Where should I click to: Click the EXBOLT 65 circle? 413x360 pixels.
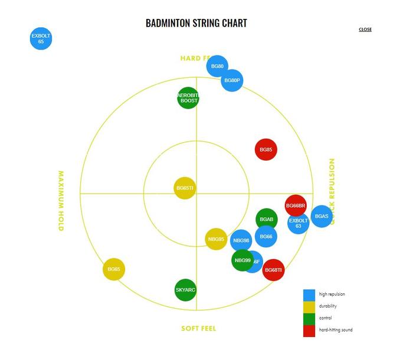click(41, 39)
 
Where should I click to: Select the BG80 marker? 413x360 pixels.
click(217, 66)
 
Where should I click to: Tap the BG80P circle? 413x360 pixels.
click(232, 80)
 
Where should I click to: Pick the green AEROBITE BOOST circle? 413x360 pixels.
click(188, 97)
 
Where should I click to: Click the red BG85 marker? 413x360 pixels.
click(266, 150)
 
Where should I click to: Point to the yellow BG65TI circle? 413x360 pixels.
click(185, 188)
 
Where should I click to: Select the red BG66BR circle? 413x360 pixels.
click(296, 205)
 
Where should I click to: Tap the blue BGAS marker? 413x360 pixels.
click(322, 217)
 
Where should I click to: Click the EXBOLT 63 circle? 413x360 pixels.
click(299, 224)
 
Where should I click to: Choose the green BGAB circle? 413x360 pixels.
click(267, 219)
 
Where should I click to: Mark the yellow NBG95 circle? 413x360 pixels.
click(216, 239)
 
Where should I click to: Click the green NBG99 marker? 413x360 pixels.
click(242, 260)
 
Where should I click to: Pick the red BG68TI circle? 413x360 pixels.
click(273, 270)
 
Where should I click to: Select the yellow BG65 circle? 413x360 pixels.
click(114, 269)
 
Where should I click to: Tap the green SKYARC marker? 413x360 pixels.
click(186, 290)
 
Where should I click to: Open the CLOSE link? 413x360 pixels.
click(365, 30)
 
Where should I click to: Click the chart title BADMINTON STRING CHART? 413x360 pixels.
click(196, 24)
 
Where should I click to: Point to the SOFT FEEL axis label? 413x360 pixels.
click(198, 328)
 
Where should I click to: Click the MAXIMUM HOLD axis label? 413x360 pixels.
click(61, 201)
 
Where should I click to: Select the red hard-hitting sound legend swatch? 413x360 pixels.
click(309, 330)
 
